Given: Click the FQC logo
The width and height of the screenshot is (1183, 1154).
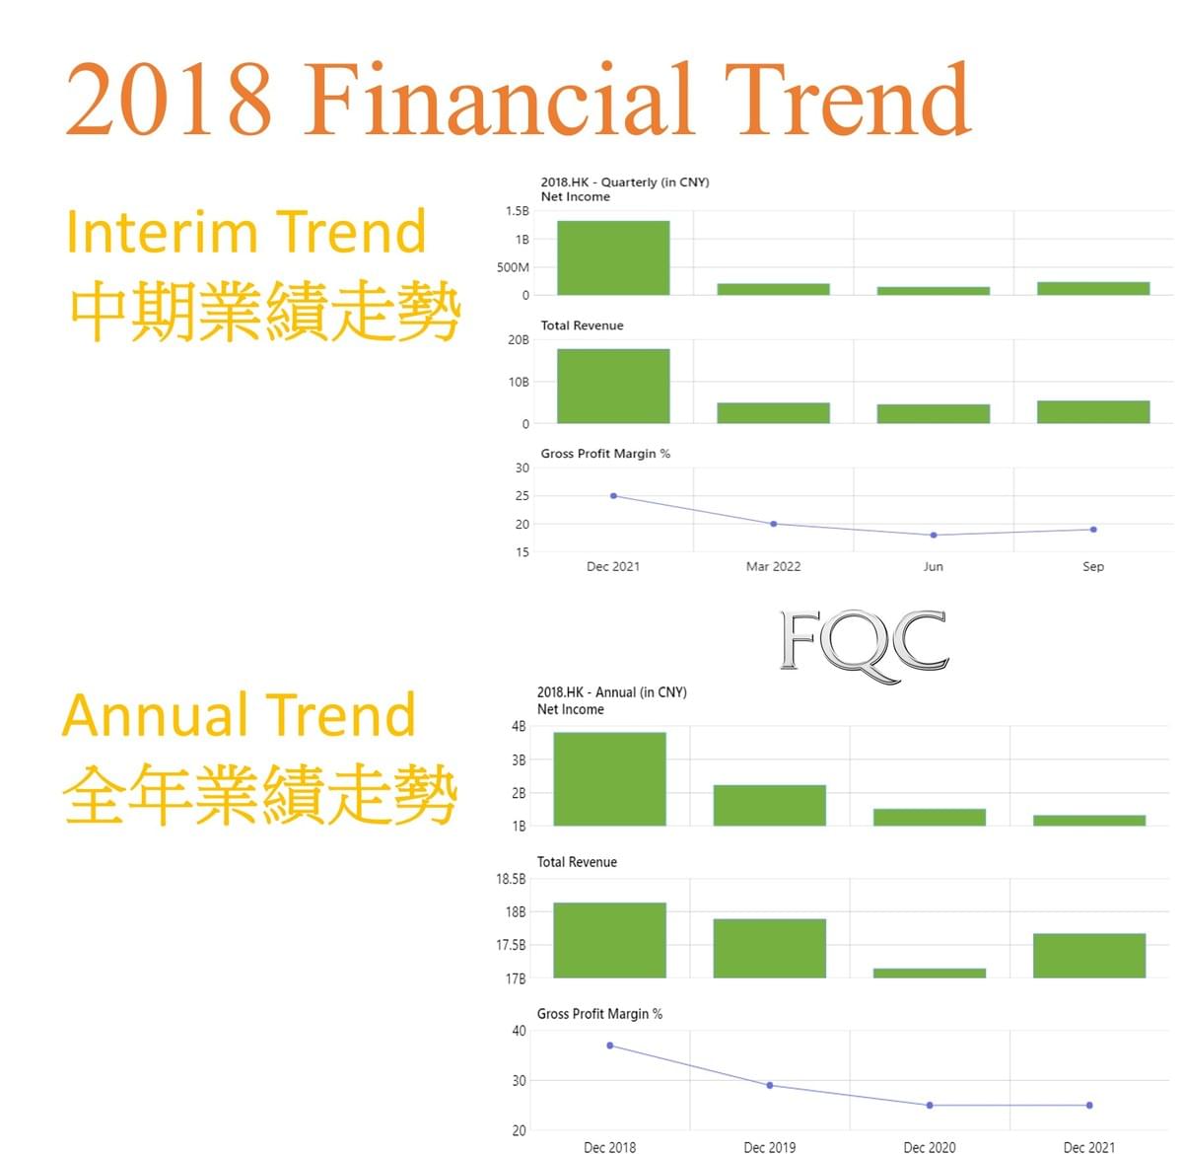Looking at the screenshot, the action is point(864,646).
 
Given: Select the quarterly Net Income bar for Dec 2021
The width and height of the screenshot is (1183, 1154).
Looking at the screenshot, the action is point(613,258).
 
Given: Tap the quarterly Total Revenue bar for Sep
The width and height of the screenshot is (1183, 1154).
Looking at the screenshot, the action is point(1093,412).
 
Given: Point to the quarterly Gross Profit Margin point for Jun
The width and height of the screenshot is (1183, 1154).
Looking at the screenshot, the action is point(934,536).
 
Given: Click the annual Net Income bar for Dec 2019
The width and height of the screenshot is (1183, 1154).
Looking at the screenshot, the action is point(770,806).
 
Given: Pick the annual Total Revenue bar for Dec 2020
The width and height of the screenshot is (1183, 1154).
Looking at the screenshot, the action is point(930,974).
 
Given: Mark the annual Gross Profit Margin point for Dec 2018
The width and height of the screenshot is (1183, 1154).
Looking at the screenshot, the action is point(609,1046).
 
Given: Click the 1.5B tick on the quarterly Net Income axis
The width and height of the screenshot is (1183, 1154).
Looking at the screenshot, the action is point(518,211).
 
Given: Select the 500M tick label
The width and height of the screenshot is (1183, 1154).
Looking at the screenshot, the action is point(513,267).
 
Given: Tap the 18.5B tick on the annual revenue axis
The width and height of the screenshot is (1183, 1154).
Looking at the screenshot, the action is point(511,879).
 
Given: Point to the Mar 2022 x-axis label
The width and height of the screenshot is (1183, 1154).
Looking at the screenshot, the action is point(773,566).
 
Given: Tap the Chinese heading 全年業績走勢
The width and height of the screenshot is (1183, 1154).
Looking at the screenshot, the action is point(259,794).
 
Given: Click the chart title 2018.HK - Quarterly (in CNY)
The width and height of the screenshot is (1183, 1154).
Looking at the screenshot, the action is point(625,182).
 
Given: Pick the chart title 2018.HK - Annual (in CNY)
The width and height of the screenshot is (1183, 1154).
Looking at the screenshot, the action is point(611,692).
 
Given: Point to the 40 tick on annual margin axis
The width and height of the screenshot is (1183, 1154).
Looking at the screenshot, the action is point(519,1031).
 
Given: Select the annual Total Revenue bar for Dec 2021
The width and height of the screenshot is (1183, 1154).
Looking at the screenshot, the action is point(1089,956).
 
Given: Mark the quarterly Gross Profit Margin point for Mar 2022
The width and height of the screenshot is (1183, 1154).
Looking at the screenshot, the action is point(773,524).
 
